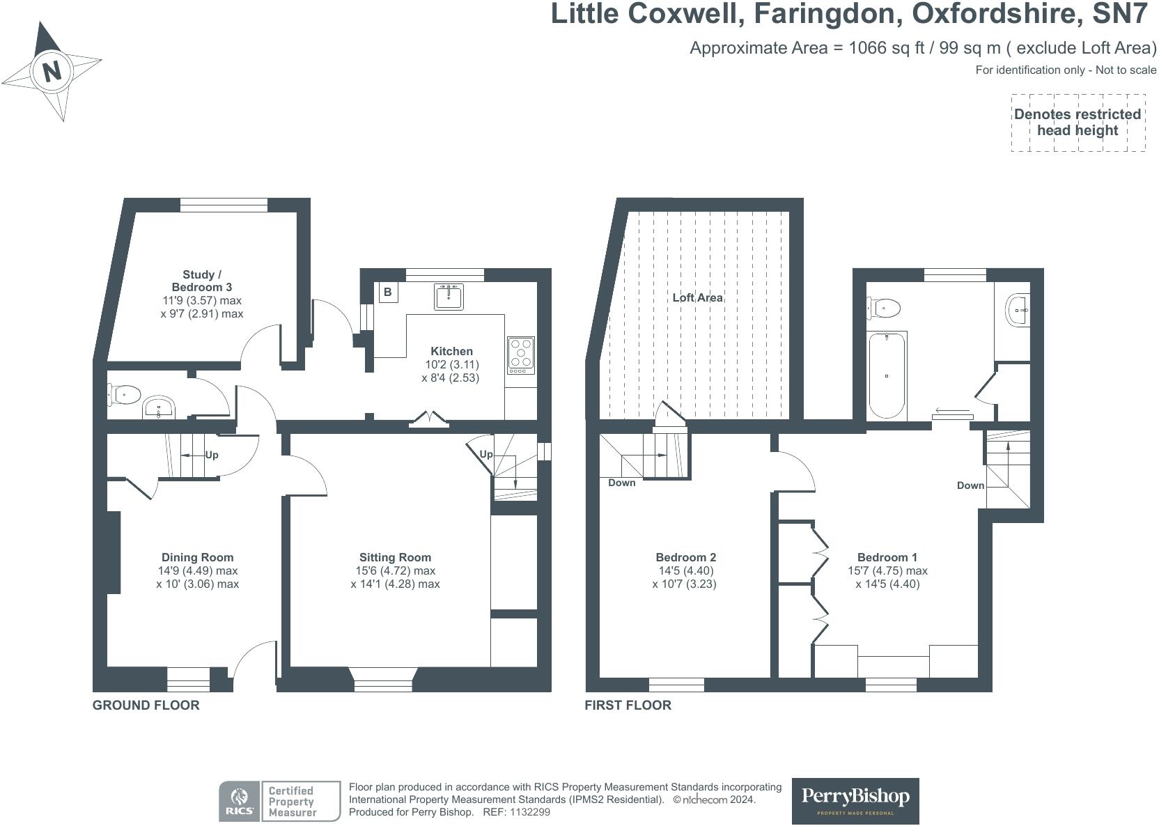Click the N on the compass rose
(52, 71)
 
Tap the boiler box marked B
(388, 293)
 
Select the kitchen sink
(449, 297)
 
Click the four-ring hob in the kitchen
(521, 352)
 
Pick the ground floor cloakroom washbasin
(160, 408)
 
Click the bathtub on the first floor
(887, 375)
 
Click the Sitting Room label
(395, 557)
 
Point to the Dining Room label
(197, 557)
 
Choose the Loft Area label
(697, 298)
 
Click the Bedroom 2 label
(685, 557)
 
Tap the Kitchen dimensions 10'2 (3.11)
(452, 364)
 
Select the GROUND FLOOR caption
(146, 706)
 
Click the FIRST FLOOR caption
(628, 706)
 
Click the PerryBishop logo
(855, 801)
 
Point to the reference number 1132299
(530, 812)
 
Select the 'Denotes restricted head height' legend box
(1078, 123)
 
